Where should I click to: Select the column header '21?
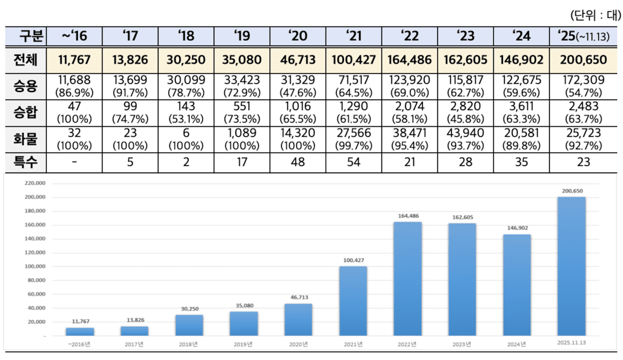[354, 36]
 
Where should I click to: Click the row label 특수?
[27, 162]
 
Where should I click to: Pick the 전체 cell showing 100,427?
[354, 60]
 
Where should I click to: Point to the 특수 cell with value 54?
[354, 162]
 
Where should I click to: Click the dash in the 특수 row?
[75, 162]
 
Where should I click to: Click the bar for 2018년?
[189, 325]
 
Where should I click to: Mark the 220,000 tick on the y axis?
[33, 184]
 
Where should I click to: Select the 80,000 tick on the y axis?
[34, 280]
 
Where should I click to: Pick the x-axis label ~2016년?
[80, 344]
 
